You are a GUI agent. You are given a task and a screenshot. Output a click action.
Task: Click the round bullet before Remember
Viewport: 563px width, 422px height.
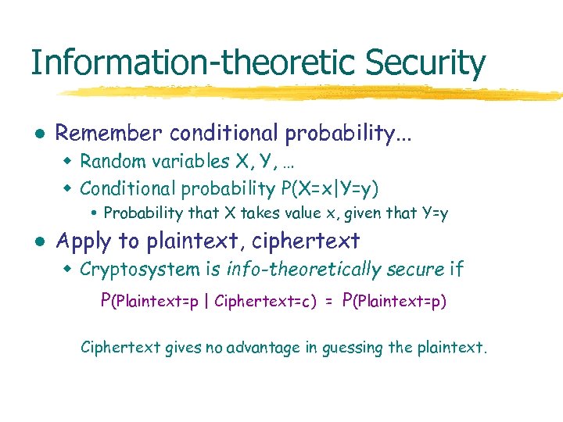[x=39, y=134]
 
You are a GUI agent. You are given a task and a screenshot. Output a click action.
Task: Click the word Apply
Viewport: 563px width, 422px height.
[x=84, y=241]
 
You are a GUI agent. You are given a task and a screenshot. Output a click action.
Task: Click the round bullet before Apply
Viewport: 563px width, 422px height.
[x=39, y=242]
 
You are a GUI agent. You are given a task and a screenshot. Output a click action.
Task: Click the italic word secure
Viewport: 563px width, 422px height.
[x=415, y=270]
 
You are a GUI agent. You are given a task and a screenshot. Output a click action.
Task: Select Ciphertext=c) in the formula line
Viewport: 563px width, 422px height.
[x=265, y=301]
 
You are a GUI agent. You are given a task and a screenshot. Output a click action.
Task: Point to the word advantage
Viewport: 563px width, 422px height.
[x=262, y=347]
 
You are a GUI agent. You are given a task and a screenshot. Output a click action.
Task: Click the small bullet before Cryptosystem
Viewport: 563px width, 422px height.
[x=68, y=270]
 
